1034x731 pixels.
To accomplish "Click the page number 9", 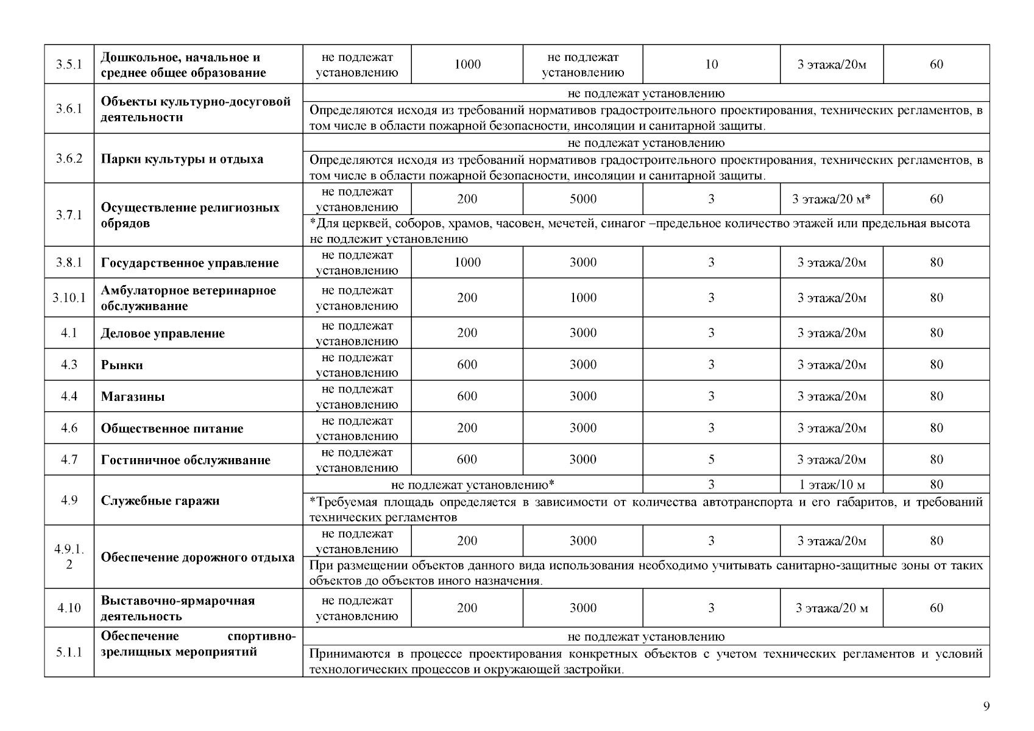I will tap(986, 707).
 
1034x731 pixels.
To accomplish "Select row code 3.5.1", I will tap(69, 65).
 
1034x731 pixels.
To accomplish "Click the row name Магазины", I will tap(133, 397).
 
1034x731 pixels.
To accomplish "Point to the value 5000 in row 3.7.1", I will tap(583, 199).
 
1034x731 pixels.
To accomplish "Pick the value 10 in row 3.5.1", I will tap(711, 65).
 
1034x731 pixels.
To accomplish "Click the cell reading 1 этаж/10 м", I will tap(831, 485).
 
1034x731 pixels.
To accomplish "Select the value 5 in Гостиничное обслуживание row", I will tap(711, 459).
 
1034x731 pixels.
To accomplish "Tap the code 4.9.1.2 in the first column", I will tap(69, 557).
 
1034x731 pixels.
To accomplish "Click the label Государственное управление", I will tap(189, 263).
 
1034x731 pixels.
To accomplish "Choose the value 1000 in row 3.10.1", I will tap(583, 298).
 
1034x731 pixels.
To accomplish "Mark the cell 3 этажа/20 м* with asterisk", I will tap(831, 199).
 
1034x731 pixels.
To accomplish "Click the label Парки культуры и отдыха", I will tap(182, 159).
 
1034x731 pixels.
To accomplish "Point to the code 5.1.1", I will tap(69, 652).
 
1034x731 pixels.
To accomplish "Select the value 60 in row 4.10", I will tap(936, 608).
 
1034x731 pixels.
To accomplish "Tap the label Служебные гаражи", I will tap(160, 501).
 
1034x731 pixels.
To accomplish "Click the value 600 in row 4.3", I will tap(467, 365).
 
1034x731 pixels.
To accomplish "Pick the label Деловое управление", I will tap(163, 333).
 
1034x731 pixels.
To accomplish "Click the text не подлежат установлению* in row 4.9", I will tap(472, 485).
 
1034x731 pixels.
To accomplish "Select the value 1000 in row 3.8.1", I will tap(467, 263).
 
